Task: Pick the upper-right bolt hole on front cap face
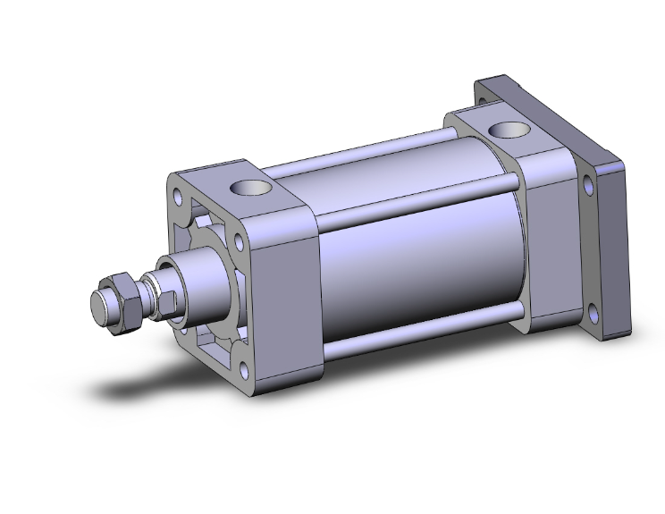click(239, 240)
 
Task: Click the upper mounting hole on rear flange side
click(587, 187)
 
